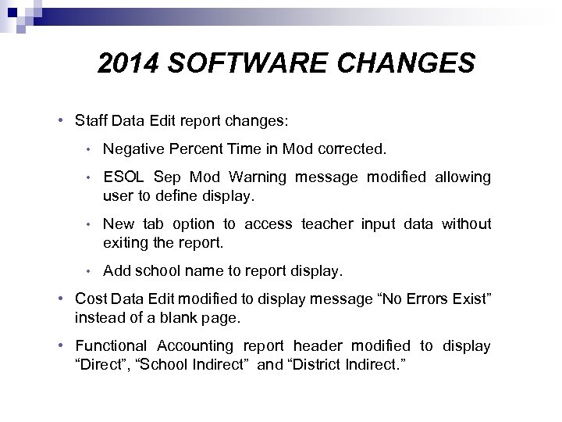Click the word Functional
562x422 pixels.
110,345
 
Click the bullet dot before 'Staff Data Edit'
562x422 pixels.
60,121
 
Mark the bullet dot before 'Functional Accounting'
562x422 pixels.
60,345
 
